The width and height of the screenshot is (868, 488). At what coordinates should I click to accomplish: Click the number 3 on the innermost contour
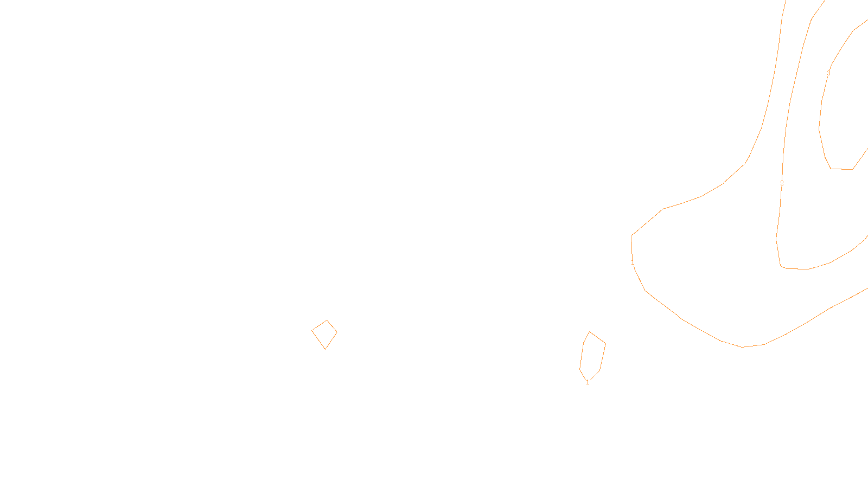tap(828, 73)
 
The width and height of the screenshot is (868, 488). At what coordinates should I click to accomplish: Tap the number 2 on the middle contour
tap(782, 183)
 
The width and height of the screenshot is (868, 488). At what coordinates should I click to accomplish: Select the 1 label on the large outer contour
tap(633, 262)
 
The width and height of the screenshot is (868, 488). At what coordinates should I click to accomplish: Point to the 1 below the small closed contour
tap(588, 382)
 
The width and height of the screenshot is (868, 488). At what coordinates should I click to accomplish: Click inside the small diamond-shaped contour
tap(325, 333)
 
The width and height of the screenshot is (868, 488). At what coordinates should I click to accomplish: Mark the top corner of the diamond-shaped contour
tap(327, 320)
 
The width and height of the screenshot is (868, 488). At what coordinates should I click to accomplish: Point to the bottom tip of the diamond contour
tap(325, 349)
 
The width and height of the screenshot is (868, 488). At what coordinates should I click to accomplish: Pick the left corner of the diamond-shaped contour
tap(312, 330)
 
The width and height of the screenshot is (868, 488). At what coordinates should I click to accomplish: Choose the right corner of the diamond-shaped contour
tap(337, 332)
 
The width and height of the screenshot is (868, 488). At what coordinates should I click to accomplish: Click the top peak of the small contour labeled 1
tap(590, 332)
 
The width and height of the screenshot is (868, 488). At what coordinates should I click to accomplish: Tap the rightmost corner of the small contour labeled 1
tap(605, 343)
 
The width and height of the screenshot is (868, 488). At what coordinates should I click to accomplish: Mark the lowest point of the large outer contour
tap(743, 347)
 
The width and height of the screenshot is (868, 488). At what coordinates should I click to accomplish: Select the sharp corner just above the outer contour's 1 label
tap(631, 235)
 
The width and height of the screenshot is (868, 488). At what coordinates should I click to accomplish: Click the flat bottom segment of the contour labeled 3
tap(841, 169)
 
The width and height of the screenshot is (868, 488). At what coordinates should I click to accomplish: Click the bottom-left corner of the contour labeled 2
tap(781, 266)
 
